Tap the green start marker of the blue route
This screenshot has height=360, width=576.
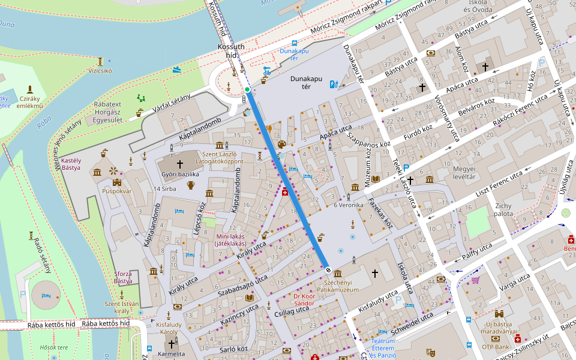click(x=247, y=90)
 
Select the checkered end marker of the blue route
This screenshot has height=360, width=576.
click(x=328, y=269)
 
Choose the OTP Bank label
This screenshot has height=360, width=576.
click(x=495, y=347)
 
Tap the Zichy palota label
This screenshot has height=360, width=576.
click(x=503, y=209)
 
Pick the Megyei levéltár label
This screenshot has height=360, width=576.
click(x=464, y=172)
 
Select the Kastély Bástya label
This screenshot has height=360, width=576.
click(x=71, y=164)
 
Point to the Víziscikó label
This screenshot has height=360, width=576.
click(x=100, y=70)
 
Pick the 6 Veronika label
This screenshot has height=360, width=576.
click(x=349, y=205)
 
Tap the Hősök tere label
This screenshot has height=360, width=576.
click(x=54, y=347)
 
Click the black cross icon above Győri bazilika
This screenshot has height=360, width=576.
click(x=179, y=164)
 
